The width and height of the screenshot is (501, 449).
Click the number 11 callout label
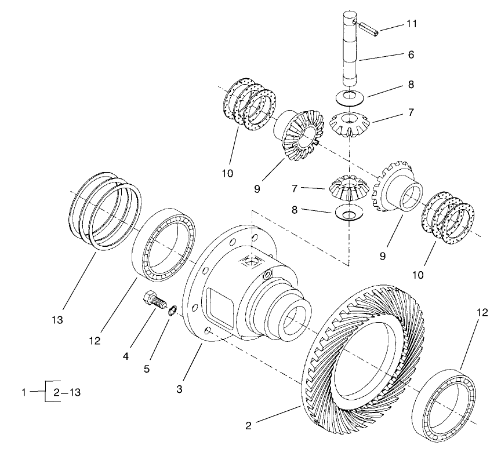[x=411, y=24]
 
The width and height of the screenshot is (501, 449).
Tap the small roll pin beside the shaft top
[x=368, y=28]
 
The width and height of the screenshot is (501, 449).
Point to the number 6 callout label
[x=411, y=56]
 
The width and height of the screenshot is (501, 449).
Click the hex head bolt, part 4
[x=154, y=301]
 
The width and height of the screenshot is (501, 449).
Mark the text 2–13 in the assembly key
[x=67, y=392]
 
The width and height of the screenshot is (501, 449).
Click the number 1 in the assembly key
[x=24, y=392]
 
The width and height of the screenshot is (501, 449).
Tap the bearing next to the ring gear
[x=445, y=404]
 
